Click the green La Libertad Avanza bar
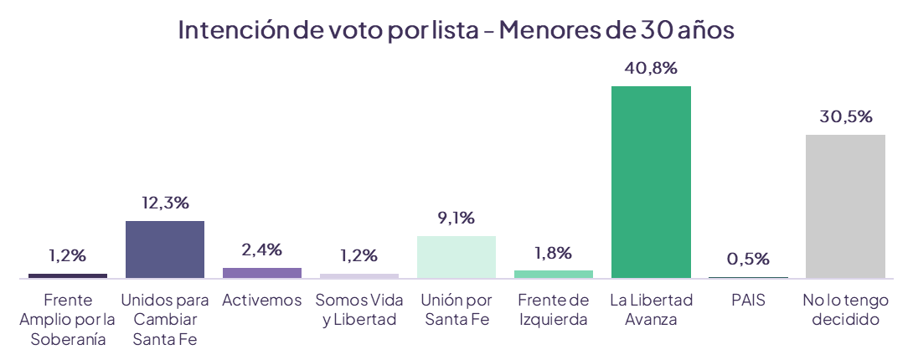[x=651, y=182]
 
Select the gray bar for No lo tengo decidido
[x=845, y=206]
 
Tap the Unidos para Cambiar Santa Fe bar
[x=165, y=249]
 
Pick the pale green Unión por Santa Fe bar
[x=456, y=256]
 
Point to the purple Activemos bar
[x=262, y=272]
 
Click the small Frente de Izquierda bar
[x=554, y=274]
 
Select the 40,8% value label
[x=651, y=69]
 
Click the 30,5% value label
[x=845, y=116]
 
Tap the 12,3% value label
[x=165, y=203]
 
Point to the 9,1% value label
[x=456, y=218]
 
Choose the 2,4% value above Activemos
[x=262, y=249]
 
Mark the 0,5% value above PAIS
[x=748, y=259]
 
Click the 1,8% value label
[x=554, y=252]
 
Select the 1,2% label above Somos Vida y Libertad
[x=359, y=255]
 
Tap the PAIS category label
[x=748, y=300]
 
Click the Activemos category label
[x=262, y=300]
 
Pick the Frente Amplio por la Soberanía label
[x=68, y=319]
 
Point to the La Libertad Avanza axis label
[x=651, y=309]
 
